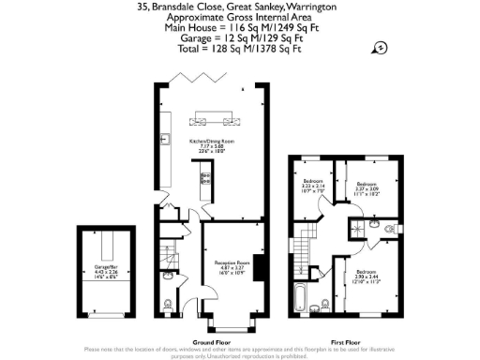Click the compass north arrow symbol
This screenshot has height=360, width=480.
tap(381, 49)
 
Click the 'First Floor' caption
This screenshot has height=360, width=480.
tap(348, 342)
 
